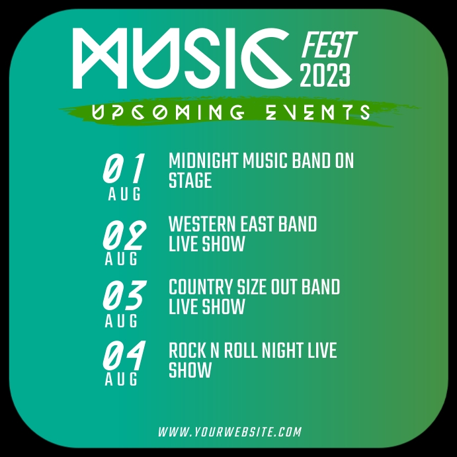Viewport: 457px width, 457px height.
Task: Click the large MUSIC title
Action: tap(182, 58)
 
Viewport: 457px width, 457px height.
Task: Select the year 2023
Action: tap(325, 76)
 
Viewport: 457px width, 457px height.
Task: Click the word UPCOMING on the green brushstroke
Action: tap(168, 113)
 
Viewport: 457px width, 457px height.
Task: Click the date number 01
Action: tap(124, 169)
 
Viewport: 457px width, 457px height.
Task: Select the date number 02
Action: tap(124, 235)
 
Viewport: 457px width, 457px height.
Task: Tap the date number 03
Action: tap(124, 297)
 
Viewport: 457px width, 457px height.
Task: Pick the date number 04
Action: tap(124, 358)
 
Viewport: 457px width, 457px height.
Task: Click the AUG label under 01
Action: tap(124, 194)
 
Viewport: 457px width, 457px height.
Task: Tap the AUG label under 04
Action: tap(122, 380)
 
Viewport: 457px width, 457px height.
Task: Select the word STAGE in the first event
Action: tap(190, 181)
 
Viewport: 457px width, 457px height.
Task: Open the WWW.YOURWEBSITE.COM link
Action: tap(229, 432)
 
